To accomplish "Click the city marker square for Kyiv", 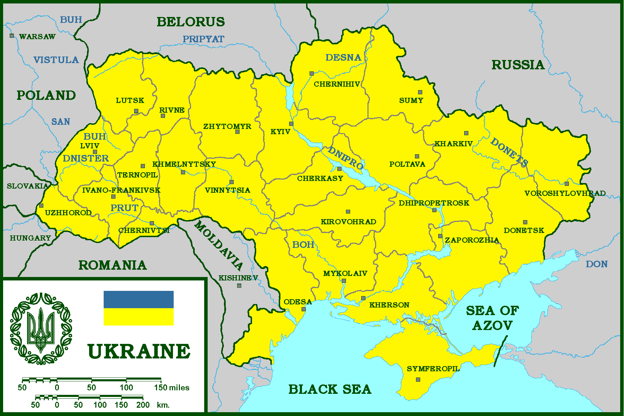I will (x=291, y=124).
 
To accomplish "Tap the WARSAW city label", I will (x=37, y=36).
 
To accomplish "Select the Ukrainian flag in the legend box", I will (x=139, y=308).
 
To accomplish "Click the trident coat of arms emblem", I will (x=41, y=328).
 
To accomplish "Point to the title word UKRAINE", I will (x=139, y=351).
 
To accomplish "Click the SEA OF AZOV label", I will (x=492, y=318).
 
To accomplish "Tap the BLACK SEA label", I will (x=330, y=389).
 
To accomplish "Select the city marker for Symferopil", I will (x=418, y=380).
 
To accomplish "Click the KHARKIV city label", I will (x=453, y=144).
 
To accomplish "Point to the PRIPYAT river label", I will (x=203, y=39).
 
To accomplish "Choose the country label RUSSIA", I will (x=518, y=65).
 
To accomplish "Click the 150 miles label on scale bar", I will (x=172, y=388).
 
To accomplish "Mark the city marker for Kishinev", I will (x=239, y=286).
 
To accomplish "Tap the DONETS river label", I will (x=509, y=152).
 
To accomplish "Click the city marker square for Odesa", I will (x=304, y=309).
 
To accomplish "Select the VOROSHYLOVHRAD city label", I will (x=565, y=193).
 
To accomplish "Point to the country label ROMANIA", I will (x=113, y=265).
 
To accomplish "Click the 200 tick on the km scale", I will (x=143, y=405).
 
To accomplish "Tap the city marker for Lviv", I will (x=95, y=152).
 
